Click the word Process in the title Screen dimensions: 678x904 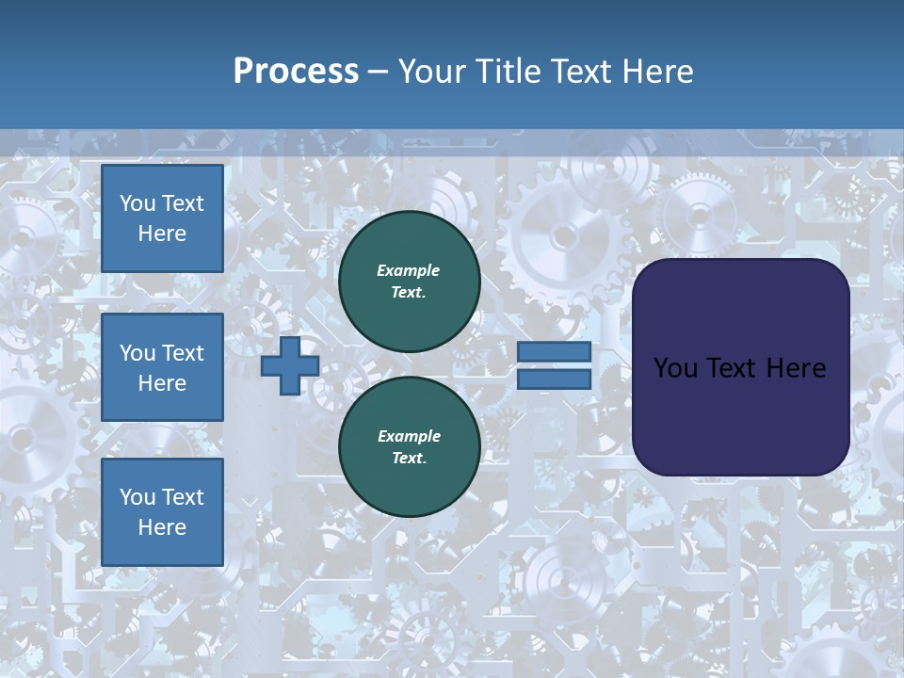point(296,72)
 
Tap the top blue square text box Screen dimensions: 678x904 point(162,218)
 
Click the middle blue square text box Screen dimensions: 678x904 point(162,367)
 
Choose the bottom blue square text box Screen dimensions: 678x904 point(162,512)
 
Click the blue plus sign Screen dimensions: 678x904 point(290,366)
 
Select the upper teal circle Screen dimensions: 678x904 point(409,282)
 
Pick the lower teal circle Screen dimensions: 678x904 point(409,447)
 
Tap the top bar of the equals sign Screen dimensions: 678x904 point(554,352)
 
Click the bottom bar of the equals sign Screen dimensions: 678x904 point(554,379)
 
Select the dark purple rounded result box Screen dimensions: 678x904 point(740,414)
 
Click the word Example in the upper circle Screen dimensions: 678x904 point(409,270)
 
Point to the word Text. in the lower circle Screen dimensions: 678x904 point(409,459)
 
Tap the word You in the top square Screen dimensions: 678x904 point(137,203)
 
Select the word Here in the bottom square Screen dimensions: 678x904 point(162,527)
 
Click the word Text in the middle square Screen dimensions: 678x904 point(183,353)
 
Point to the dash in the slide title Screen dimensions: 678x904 point(378,72)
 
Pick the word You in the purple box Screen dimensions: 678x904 point(675,368)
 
